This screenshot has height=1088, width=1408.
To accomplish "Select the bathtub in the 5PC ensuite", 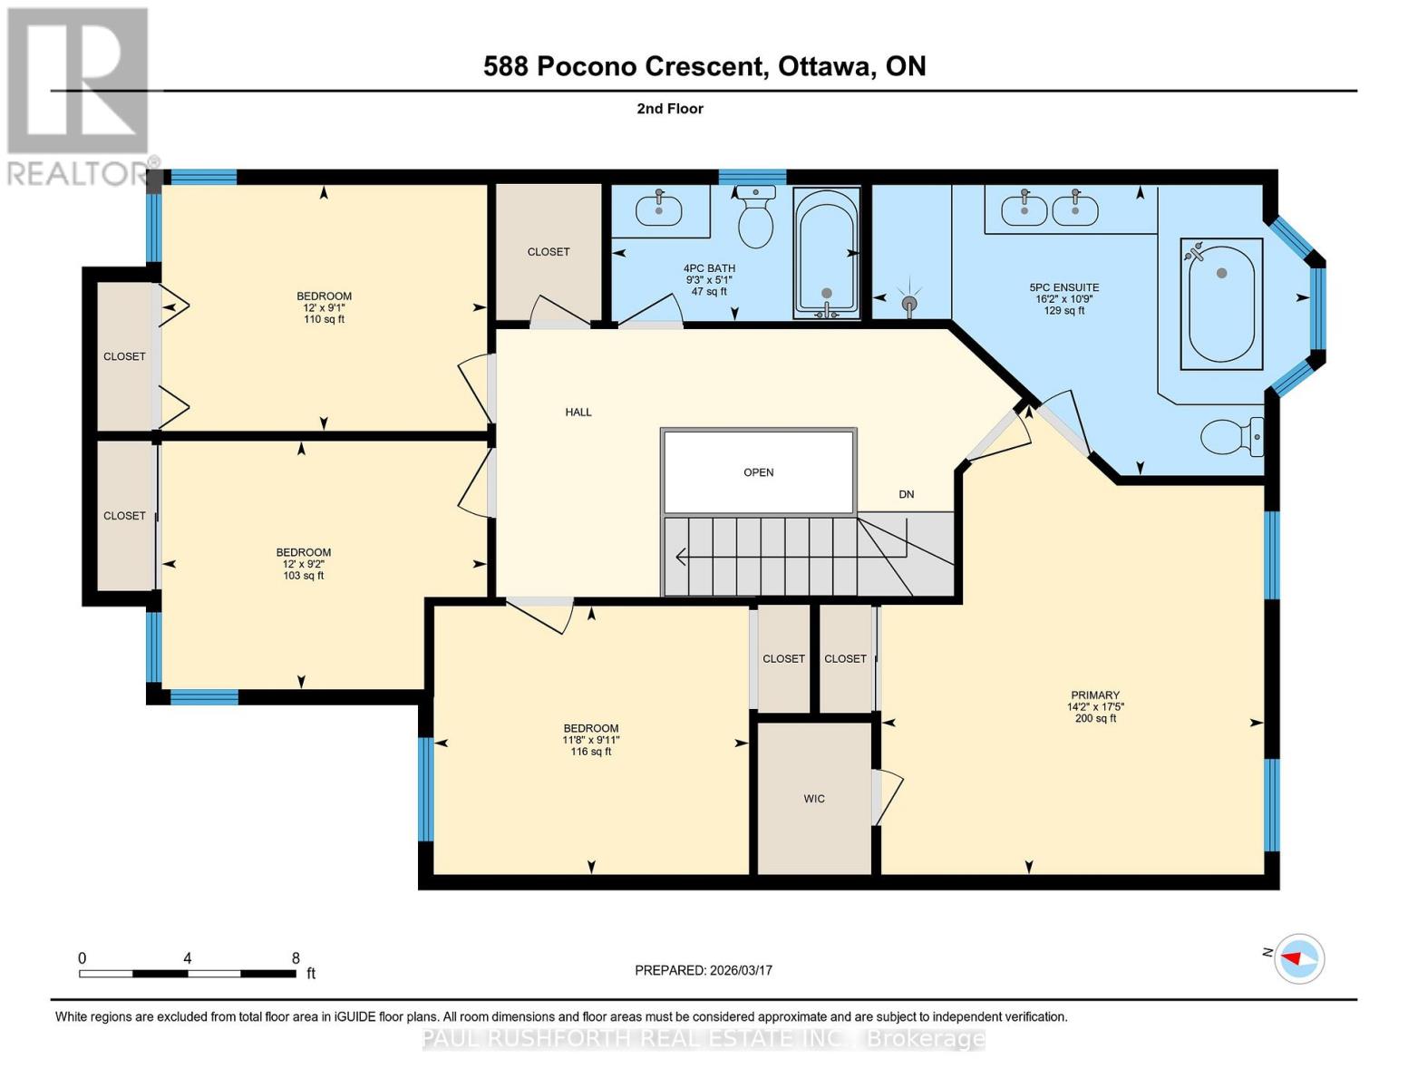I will (1221, 304).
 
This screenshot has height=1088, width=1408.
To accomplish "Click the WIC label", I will (813, 799).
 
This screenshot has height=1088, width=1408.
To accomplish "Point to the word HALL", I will (578, 413).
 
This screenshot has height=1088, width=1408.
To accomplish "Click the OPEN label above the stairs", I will (758, 472).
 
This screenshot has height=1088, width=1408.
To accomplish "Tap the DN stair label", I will (906, 494).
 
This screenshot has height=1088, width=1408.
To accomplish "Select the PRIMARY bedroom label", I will (1094, 695).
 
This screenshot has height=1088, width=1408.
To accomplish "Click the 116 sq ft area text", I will (591, 752).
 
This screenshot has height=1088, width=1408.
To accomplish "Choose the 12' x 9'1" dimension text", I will (324, 307).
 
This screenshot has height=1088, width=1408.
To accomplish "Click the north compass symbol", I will (1299, 957).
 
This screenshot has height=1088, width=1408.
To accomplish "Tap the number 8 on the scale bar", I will (296, 958).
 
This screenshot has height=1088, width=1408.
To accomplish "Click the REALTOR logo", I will (79, 96).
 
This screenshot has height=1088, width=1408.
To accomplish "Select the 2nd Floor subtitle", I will (670, 109).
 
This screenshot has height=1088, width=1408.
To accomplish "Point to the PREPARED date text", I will (704, 970).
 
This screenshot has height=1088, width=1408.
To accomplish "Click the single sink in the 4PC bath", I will (659, 209).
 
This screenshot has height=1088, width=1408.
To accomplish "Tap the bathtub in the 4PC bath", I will (826, 253).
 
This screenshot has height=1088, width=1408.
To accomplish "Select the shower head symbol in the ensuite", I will (909, 302).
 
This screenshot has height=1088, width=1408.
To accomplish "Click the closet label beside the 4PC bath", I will (549, 252).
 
